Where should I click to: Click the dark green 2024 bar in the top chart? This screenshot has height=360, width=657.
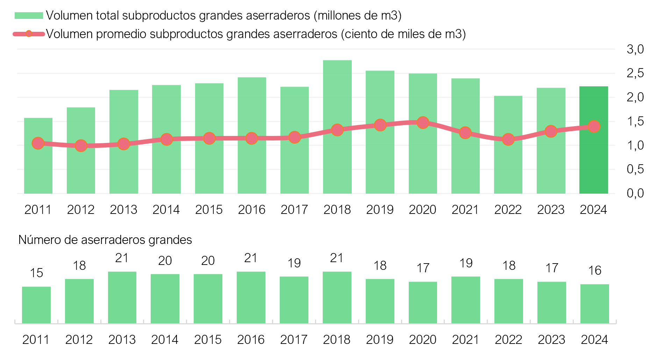click(593, 157)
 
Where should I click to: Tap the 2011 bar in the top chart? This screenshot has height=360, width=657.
click(38, 168)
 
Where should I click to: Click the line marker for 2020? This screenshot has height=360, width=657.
click(423, 123)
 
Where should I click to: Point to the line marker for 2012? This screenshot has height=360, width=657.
click(81, 145)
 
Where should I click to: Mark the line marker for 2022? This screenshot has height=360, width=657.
click(508, 139)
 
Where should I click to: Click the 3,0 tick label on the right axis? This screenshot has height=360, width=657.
click(635, 49)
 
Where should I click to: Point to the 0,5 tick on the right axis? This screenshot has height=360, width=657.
click(635, 169)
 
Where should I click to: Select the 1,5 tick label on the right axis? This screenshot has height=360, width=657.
click(635, 121)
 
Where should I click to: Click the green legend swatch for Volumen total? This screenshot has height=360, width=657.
click(29, 16)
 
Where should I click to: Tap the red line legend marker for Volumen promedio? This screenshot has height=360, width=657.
click(29, 34)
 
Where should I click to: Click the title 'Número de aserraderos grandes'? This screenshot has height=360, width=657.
click(105, 240)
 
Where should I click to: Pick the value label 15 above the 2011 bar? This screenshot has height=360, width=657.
click(36, 273)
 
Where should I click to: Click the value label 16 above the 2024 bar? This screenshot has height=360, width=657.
click(594, 271)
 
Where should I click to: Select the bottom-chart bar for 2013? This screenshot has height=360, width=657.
click(122, 297)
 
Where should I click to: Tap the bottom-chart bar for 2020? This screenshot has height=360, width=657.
click(423, 302)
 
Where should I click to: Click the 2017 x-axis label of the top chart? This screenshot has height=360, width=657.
click(294, 210)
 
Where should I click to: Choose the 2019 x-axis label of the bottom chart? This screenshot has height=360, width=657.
click(380, 340)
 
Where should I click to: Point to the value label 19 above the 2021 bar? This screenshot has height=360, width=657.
click(466, 263)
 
